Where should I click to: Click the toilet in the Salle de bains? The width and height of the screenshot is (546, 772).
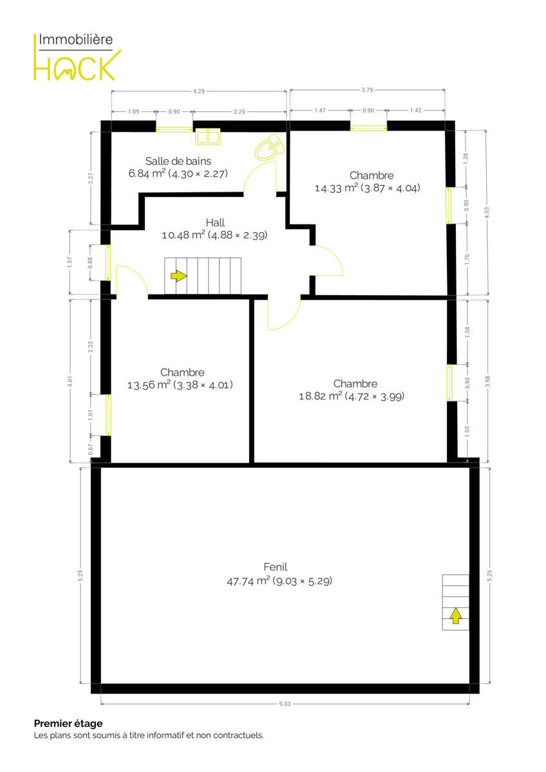pyautogui.click(x=270, y=147)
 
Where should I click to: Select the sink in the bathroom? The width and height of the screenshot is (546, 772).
pyautogui.click(x=207, y=136)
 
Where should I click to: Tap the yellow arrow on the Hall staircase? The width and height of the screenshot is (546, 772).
pyautogui.click(x=178, y=276)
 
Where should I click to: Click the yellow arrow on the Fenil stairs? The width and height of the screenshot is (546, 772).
pyautogui.click(x=456, y=616)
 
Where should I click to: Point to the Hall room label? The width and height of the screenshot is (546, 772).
pyautogui.click(x=215, y=223)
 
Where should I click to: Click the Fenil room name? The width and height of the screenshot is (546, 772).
pyautogui.click(x=275, y=567)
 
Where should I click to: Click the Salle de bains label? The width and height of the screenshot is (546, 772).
pyautogui.click(x=178, y=161)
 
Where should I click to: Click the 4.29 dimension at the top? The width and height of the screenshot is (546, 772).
pyautogui.click(x=199, y=91)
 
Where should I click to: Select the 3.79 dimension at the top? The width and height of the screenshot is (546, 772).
pyautogui.click(x=367, y=90)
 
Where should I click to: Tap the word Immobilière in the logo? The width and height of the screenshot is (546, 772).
pyautogui.click(x=75, y=39)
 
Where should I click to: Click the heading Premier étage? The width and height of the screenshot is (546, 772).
pyautogui.click(x=68, y=723)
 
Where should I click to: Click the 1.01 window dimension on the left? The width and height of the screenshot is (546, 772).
pyautogui.click(x=91, y=414)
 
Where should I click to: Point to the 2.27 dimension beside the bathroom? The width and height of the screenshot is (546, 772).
pyautogui.click(x=90, y=178)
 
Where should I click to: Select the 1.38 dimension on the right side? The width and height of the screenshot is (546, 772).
pyautogui.click(x=466, y=158)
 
